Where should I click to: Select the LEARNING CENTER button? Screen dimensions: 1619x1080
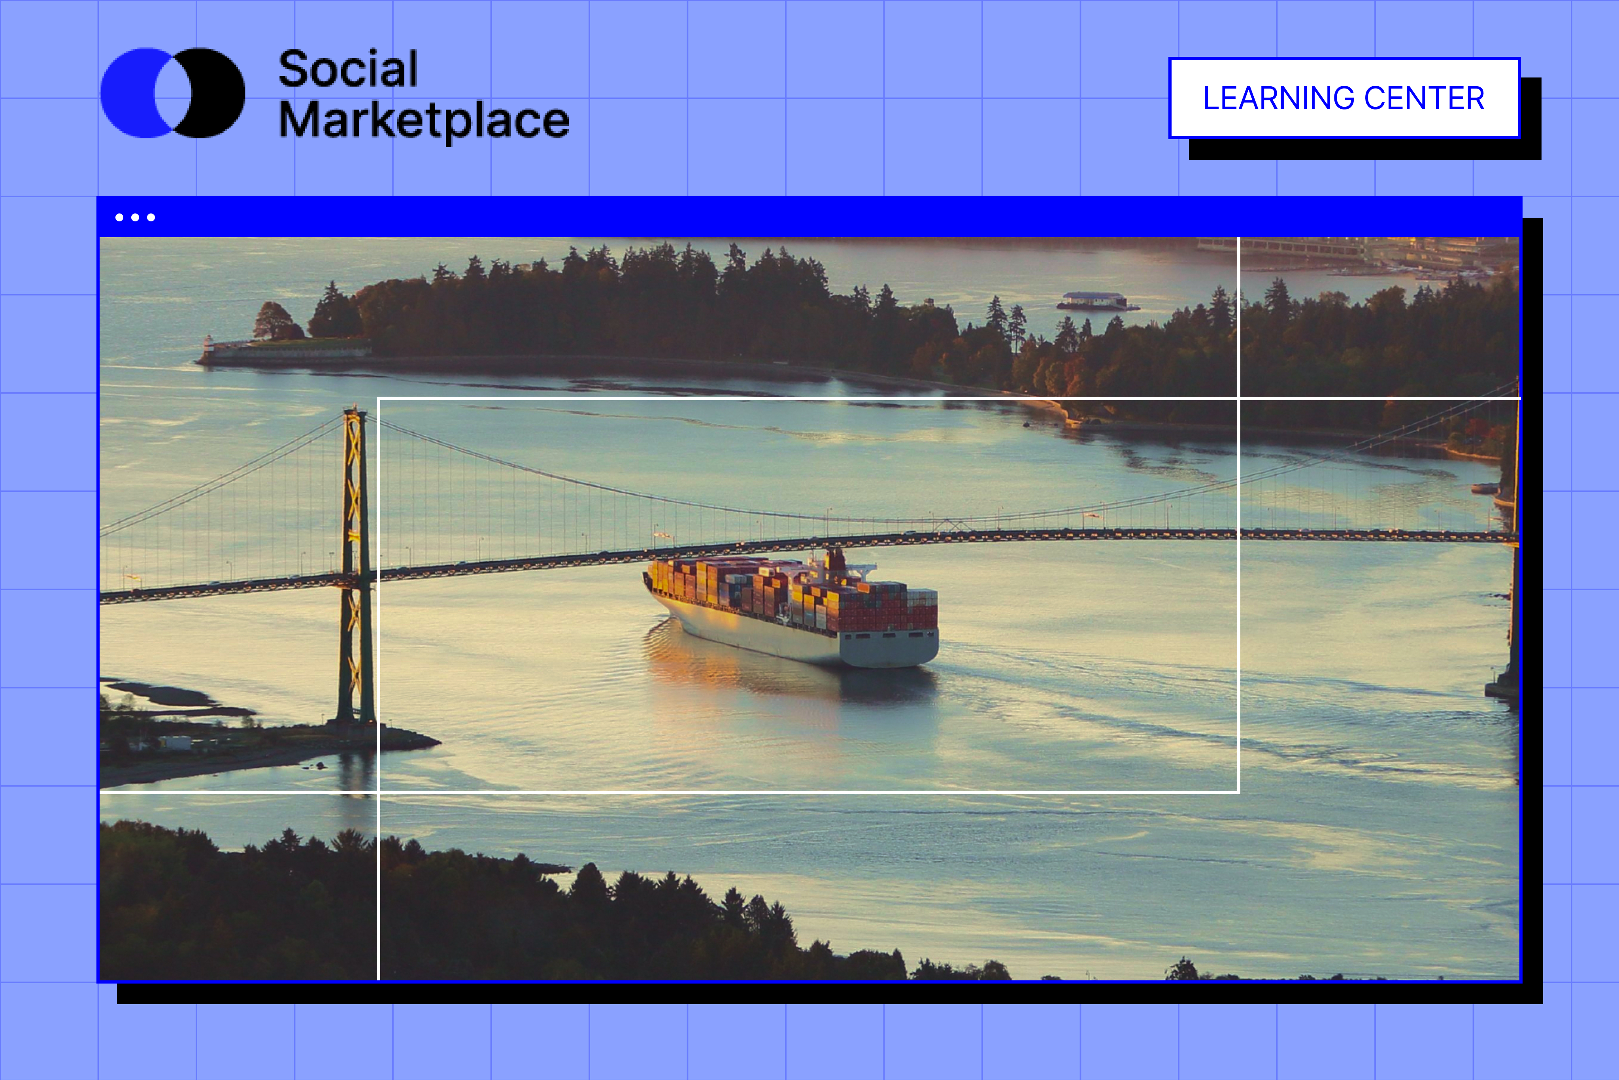(1344, 98)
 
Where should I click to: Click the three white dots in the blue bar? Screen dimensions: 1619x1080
(135, 218)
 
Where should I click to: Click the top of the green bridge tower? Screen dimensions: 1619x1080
(355, 411)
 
